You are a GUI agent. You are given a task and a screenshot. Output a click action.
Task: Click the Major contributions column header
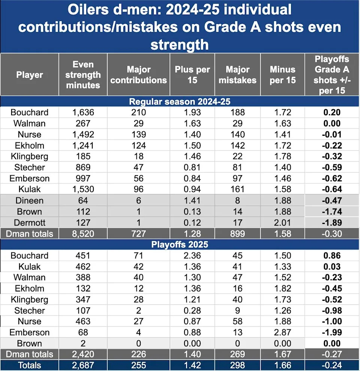coord(139,75)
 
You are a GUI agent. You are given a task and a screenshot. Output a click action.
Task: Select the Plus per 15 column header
coord(192,75)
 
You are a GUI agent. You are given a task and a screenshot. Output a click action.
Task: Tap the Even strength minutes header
coord(83,75)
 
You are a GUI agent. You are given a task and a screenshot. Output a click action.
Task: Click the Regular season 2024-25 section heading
coord(180,101)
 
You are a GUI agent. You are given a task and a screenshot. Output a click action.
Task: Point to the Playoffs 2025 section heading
coord(180,245)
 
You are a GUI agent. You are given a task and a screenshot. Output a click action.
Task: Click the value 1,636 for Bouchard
coord(83,113)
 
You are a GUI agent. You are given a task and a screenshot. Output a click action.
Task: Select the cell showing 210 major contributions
coord(139,113)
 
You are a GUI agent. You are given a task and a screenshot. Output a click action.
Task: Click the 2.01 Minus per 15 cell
coord(282,223)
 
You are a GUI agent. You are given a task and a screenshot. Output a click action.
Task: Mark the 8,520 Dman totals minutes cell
coord(83,234)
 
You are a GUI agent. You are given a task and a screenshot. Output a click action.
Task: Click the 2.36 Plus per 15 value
coord(192,256)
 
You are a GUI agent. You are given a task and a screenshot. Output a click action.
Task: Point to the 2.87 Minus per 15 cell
coord(282,332)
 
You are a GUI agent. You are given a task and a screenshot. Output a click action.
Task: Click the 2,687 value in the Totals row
coord(83,365)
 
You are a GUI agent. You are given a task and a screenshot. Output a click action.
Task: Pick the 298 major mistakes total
coord(237,365)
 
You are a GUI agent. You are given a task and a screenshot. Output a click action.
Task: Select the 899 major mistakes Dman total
coord(237,234)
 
